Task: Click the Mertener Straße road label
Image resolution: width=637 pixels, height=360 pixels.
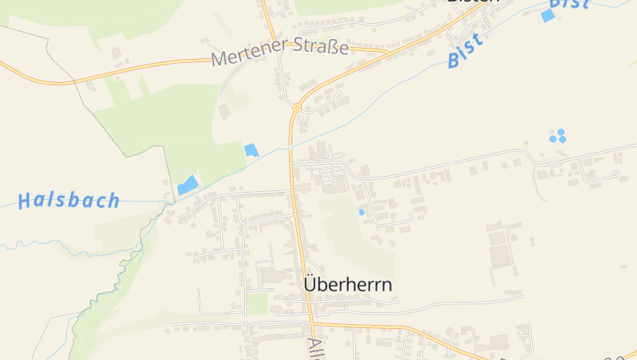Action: point(280,53)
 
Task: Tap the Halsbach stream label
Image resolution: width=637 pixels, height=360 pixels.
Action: point(68,200)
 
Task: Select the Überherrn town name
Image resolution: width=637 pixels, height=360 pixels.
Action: point(348,284)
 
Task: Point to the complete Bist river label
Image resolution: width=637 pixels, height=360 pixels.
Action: point(465,50)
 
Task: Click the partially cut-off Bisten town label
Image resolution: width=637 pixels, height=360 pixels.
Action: point(473,2)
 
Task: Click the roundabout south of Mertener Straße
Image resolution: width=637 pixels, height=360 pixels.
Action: point(296,108)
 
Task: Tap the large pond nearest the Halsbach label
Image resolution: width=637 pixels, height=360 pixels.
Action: point(188,185)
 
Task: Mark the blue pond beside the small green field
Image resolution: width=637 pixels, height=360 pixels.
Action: point(252,150)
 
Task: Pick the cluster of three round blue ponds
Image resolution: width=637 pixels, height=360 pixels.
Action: point(558,136)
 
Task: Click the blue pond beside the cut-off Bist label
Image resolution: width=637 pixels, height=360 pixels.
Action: point(548,16)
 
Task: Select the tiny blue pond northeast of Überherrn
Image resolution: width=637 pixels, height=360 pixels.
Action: point(361,212)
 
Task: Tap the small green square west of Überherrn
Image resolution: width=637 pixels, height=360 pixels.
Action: point(256,303)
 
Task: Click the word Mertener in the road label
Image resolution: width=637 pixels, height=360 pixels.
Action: point(247,57)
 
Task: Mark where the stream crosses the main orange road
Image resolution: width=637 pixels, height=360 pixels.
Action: point(290,147)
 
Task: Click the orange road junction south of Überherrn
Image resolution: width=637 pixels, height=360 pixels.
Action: point(311,324)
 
